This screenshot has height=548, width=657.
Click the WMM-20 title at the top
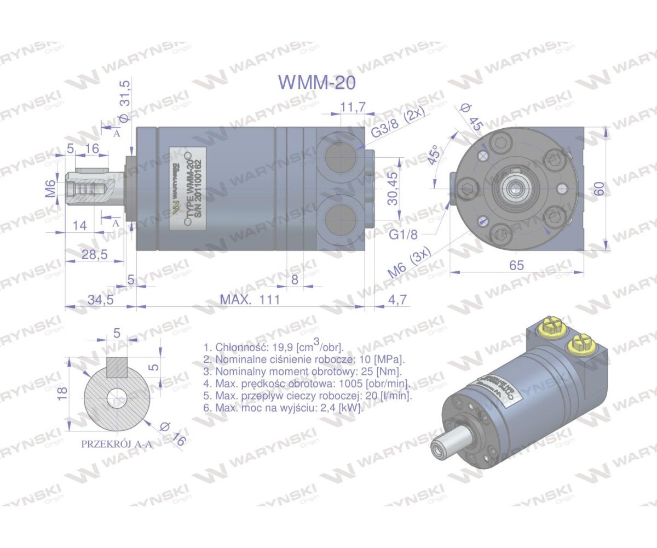tap(317, 82)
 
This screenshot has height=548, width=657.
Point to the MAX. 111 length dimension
tap(250, 299)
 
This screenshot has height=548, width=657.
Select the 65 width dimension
tap(516, 265)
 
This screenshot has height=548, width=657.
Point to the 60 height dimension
tap(600, 189)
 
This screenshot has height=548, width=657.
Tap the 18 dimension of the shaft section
tap(62, 392)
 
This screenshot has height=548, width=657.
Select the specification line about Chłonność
tap(273, 347)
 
